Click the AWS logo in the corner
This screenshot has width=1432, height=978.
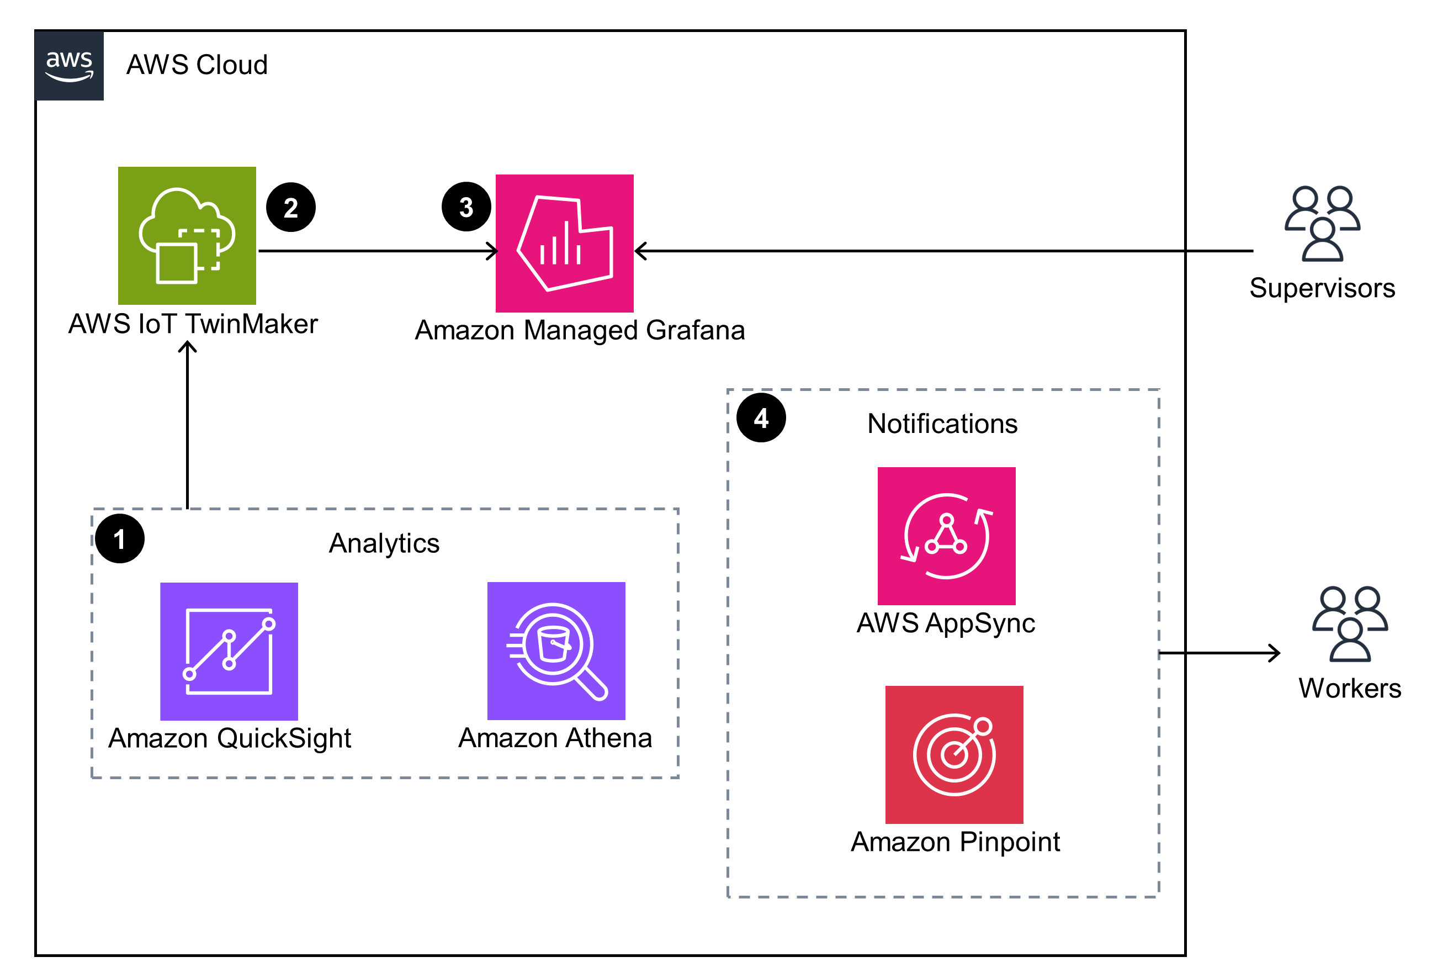click(x=69, y=65)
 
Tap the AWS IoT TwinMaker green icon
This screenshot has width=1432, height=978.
click(x=187, y=235)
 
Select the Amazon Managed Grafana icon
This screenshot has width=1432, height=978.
click(x=564, y=243)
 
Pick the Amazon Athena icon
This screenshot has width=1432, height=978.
click(x=556, y=650)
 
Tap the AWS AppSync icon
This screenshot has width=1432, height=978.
click(x=946, y=536)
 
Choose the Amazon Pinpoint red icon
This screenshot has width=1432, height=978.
click(x=954, y=754)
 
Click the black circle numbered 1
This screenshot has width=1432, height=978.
click(x=120, y=538)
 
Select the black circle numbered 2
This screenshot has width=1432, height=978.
click(x=291, y=207)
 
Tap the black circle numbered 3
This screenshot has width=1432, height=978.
click(x=466, y=207)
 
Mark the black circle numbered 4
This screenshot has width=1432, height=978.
click(x=760, y=418)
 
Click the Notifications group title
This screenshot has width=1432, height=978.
click(x=942, y=424)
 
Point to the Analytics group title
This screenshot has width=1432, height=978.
click(x=384, y=543)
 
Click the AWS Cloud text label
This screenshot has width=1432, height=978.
click(x=197, y=65)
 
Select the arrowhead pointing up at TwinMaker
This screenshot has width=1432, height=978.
click(x=187, y=347)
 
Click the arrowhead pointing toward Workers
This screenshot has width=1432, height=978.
click(x=1274, y=653)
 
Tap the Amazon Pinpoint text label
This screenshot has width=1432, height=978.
click(x=954, y=842)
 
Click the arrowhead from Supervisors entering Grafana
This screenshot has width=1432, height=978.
click(x=641, y=251)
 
